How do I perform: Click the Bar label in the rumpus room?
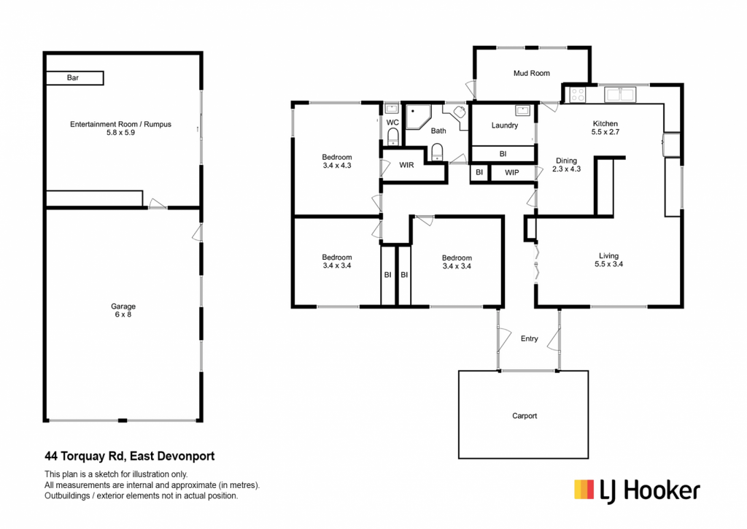click(x=73, y=77)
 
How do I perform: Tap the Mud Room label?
click(x=532, y=74)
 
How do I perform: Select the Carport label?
click(x=525, y=416)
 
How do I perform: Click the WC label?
click(x=392, y=123)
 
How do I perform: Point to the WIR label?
click(x=406, y=165)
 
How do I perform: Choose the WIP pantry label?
click(x=512, y=172)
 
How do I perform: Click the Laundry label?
click(x=505, y=126)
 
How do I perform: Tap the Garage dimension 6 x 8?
click(x=123, y=314)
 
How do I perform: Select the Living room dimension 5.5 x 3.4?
click(x=609, y=264)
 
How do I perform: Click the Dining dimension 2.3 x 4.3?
click(x=566, y=169)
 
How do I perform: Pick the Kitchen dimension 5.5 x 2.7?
click(x=605, y=132)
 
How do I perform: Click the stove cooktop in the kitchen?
click(x=578, y=95)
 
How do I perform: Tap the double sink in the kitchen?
click(x=620, y=95)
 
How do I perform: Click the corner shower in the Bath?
click(x=418, y=117)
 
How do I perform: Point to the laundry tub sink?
click(x=522, y=111)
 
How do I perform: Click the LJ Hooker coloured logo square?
click(x=584, y=490)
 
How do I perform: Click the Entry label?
click(x=530, y=339)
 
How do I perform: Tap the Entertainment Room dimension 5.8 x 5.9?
click(x=120, y=133)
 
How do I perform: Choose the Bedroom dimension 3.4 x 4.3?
click(x=337, y=166)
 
